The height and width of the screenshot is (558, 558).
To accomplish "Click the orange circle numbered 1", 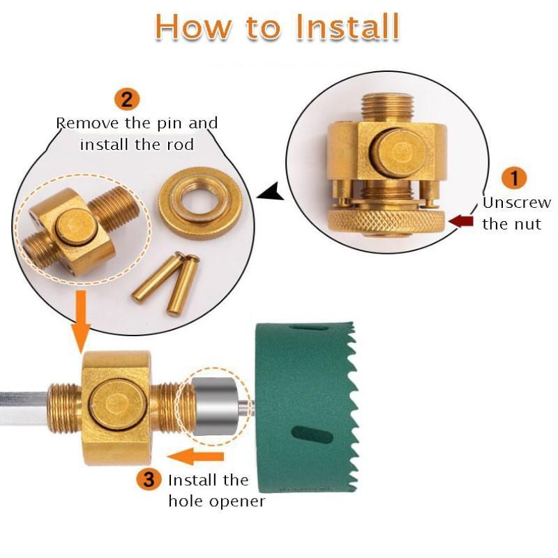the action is coord(515,178).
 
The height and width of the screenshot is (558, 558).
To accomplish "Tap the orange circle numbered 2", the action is coord(127,98).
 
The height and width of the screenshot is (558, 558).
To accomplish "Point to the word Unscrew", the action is coord(517,203).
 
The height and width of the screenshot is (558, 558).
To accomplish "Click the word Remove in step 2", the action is coord(88,123).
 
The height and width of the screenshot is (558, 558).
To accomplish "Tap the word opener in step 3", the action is coord(237,502).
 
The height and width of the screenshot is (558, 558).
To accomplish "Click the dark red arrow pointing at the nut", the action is coord(461,221).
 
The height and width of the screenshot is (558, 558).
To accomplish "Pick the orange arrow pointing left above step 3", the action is coord(196,456).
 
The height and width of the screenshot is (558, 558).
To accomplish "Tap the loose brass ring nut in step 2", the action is coord(200,203).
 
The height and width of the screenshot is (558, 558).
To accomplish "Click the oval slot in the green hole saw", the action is coord(312,435).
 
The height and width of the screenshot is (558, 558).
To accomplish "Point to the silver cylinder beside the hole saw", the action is coord(215,407).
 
